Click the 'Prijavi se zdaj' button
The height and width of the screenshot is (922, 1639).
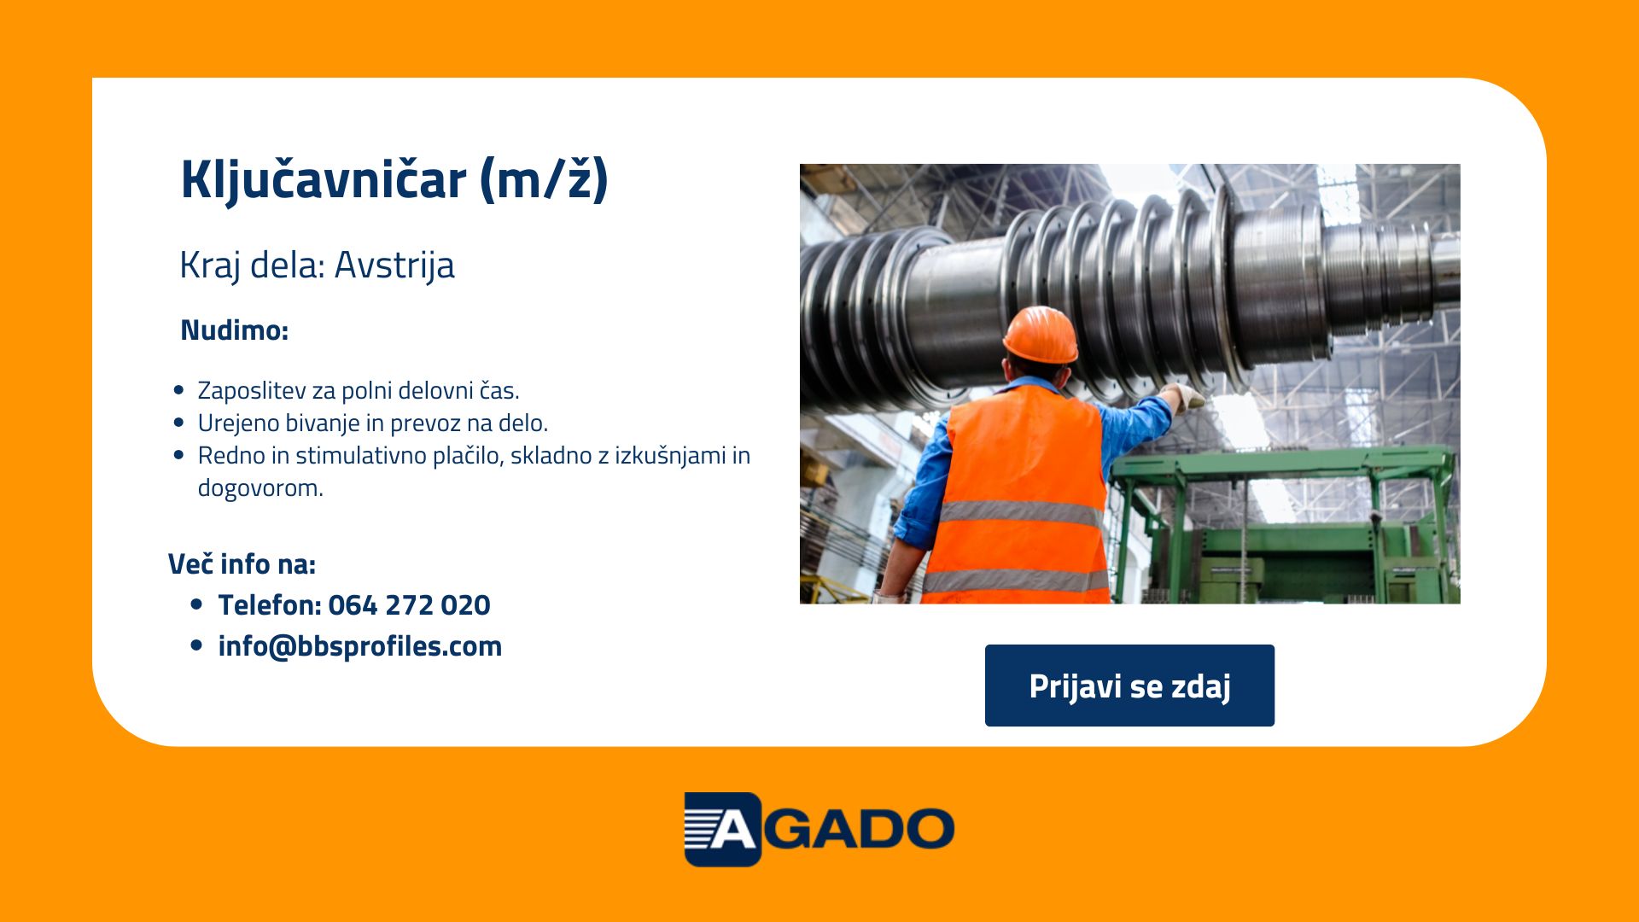click(1129, 686)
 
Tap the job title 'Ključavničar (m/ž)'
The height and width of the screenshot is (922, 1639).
click(394, 180)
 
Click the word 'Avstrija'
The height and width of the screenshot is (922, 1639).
click(394, 265)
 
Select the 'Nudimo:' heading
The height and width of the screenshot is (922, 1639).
click(235, 330)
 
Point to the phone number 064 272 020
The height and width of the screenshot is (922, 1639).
click(409, 604)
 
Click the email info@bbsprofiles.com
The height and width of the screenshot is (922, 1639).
click(360, 646)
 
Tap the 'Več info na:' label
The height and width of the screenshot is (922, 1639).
click(242, 564)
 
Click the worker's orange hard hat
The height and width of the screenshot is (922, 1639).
click(1041, 335)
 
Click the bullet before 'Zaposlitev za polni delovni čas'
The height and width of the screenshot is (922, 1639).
click(178, 390)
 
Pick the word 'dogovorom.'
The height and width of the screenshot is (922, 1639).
click(260, 488)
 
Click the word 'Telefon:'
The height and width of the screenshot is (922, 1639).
click(269, 604)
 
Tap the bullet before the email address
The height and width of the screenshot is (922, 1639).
click(197, 646)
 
